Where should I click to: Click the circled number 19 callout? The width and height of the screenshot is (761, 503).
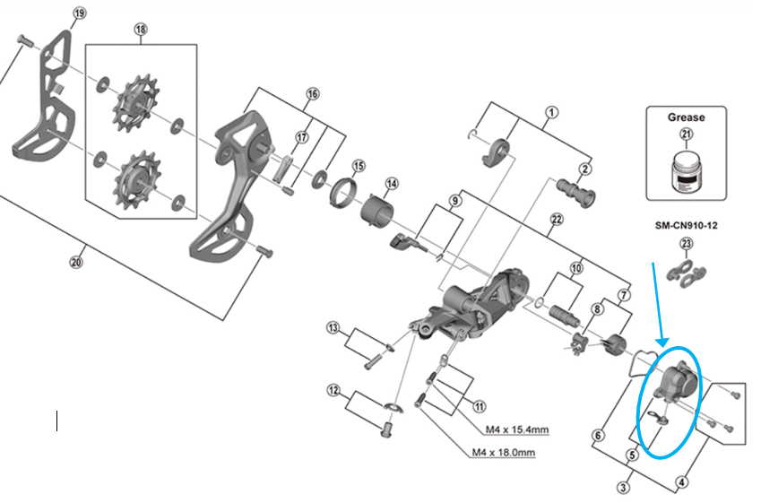(x=79, y=13)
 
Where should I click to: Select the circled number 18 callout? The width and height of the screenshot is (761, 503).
(x=141, y=30)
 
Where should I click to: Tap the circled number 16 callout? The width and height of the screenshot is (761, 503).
(x=312, y=94)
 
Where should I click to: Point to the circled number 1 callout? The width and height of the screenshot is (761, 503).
(x=552, y=113)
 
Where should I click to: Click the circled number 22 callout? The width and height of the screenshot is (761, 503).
(x=556, y=220)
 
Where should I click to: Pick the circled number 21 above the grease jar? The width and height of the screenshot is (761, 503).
(x=687, y=134)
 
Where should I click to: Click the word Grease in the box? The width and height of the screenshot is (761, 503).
(x=687, y=117)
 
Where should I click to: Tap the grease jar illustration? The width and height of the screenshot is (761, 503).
(x=687, y=170)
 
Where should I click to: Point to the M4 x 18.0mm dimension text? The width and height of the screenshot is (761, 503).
(x=503, y=452)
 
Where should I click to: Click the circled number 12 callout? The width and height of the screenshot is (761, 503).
(x=333, y=390)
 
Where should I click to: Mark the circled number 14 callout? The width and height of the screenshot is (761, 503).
(x=392, y=184)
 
